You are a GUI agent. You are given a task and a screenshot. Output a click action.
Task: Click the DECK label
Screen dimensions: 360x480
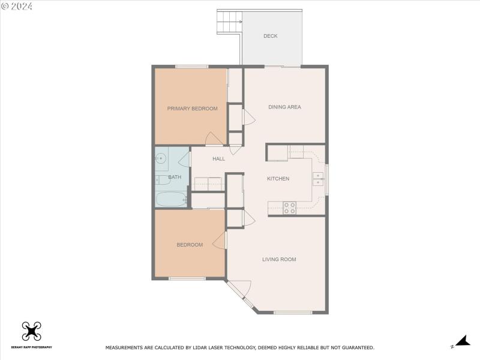point(271,36)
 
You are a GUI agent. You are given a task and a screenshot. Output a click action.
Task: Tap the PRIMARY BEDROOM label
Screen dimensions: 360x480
point(192,109)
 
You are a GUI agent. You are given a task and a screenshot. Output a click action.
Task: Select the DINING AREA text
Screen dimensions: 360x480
point(284,107)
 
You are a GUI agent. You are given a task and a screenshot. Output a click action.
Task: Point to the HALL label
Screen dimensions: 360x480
point(219,159)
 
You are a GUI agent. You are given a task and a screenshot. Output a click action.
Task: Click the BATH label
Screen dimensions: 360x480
point(175,177)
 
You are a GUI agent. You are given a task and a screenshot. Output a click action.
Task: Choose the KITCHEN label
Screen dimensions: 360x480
point(278,179)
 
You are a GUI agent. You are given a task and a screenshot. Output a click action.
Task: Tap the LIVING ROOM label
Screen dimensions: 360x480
point(279,259)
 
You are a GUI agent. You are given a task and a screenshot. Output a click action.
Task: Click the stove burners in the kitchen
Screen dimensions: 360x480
point(290,208)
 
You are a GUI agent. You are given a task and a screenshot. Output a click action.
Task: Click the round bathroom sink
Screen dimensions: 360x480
point(161,158)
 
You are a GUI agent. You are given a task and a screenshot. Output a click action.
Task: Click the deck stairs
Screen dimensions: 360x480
point(229,22)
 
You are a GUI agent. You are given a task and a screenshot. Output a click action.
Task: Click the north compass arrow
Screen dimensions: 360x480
point(461,341)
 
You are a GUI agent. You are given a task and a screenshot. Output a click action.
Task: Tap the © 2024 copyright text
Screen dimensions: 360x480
point(17,6)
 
